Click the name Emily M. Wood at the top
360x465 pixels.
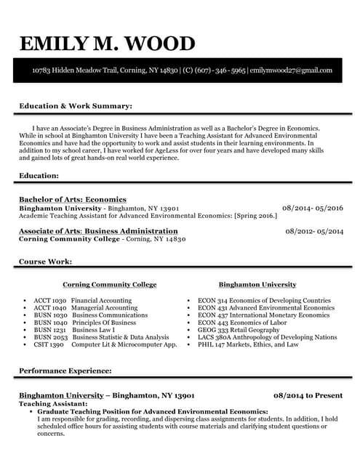click(108, 44)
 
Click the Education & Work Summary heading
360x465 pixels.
click(76, 106)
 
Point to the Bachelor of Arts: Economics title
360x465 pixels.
click(73, 199)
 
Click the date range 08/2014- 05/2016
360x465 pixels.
click(312, 208)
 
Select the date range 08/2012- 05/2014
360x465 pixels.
click(314, 231)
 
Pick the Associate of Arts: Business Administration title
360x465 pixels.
click(98, 231)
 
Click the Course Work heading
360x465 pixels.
click(45, 261)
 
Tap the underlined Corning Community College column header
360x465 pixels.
click(109, 284)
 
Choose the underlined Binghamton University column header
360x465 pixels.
click(257, 284)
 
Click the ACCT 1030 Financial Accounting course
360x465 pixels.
click(82, 300)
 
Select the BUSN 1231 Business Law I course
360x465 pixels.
click(75, 330)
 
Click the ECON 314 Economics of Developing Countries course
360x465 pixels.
click(264, 300)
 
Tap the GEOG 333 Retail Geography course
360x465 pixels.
click(238, 330)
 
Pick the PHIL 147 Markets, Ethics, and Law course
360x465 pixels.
click(248, 344)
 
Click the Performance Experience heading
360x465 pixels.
click(65, 371)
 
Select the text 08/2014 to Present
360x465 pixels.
click(308, 395)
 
